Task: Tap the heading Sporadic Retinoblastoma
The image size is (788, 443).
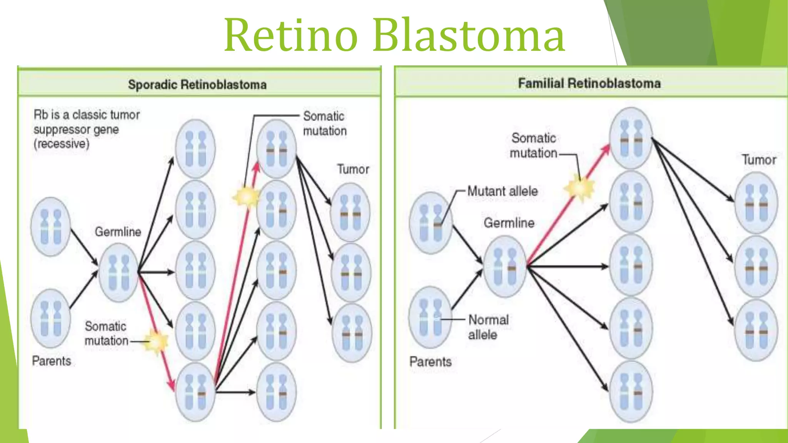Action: pos(197,84)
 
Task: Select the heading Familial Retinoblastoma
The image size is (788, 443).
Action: pos(589,83)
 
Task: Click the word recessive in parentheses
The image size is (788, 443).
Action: pos(62,144)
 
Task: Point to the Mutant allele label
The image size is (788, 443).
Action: pos(503,191)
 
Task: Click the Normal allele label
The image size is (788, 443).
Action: pos(488,327)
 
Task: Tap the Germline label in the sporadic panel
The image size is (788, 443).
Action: pos(118,231)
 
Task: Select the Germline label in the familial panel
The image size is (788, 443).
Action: pos(509,223)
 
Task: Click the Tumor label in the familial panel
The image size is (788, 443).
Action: pos(759,160)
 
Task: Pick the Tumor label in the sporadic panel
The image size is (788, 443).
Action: pos(353,169)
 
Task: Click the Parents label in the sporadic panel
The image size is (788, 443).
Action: pos(52,361)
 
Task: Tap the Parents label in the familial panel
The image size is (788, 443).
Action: pos(430,361)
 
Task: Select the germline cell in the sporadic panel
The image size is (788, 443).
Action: pos(119,272)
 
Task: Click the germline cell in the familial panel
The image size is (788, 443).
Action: pos(504,266)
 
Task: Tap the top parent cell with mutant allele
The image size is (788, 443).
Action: pos(431,223)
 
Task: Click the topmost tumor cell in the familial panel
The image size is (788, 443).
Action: pos(756,203)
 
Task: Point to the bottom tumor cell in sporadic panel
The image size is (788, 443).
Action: pos(351,333)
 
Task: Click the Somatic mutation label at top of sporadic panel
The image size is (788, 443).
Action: pos(324,123)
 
